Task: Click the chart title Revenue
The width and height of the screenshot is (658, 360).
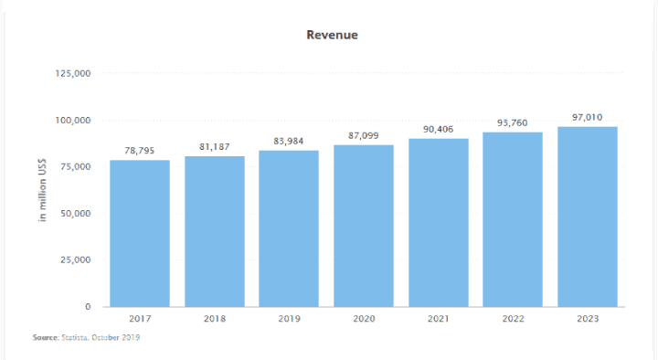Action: coord(332,35)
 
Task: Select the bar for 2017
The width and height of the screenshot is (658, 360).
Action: coord(140,234)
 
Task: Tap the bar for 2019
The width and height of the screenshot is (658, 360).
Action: coord(289,228)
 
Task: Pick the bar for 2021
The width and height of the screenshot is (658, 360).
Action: coord(439,223)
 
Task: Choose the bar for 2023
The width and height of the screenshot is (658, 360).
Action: coord(588,217)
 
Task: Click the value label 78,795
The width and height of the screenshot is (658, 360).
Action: coord(140,151)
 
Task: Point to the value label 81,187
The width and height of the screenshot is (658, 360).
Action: coord(215,146)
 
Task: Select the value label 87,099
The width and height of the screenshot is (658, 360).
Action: coord(364,135)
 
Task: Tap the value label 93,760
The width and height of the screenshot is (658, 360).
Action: coord(513,123)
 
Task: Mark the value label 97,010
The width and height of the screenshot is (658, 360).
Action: coord(588,117)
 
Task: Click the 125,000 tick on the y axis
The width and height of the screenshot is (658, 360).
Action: coord(72,73)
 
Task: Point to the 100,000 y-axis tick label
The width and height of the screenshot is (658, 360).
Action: coord(72,120)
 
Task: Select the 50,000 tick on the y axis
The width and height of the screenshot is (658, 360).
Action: coord(75,213)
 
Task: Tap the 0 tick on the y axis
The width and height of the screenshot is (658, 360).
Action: coord(87,306)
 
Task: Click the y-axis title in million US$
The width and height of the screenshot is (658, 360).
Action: coord(41,190)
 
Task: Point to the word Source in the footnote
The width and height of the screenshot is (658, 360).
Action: coord(45,338)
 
